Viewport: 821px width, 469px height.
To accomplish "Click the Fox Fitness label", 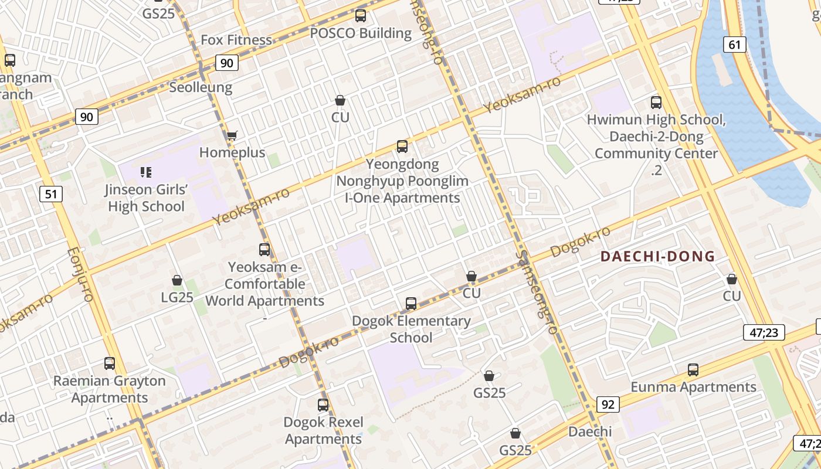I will point(236,40).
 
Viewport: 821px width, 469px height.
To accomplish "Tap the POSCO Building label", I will point(361,33).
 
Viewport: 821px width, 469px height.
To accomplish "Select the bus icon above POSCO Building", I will point(361,16).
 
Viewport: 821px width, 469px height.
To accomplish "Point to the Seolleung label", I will point(201,87).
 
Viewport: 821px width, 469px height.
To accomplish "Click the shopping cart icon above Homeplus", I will point(232,136).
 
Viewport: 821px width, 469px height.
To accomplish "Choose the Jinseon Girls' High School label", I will point(147,198).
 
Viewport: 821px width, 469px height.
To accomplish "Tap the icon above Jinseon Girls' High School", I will point(146,172).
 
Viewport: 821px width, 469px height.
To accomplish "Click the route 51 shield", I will point(51,193).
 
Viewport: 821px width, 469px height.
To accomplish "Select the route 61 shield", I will point(734,44).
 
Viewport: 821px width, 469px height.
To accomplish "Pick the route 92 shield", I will point(608,404).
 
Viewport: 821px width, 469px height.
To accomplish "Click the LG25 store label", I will point(177,297).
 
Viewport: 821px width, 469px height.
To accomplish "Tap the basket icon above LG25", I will point(177,281).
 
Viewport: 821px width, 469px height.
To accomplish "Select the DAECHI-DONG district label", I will point(657,256).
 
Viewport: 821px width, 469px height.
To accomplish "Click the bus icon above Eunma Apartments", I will point(693,370).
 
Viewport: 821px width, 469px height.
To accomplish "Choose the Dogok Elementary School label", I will point(411,329).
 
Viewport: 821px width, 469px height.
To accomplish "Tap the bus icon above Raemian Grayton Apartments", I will point(110,363).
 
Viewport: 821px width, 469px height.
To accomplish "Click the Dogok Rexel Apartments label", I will point(323,430).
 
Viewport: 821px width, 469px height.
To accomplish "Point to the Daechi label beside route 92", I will point(590,431).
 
